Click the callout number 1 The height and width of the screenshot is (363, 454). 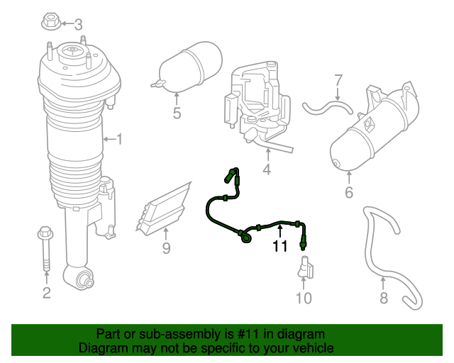[119, 140]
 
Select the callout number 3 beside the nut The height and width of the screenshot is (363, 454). [78, 24]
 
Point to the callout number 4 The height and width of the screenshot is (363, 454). [267, 170]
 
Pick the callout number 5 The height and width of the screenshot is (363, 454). [177, 113]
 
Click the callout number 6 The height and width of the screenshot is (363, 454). [348, 193]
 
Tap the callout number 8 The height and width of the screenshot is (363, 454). [384, 298]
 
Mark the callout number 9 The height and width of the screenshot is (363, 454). [166, 248]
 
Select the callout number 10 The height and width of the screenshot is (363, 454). [303, 298]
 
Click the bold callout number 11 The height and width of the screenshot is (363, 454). [280, 246]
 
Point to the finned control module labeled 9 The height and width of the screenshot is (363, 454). [167, 208]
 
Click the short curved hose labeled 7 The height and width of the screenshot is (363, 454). [328, 108]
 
